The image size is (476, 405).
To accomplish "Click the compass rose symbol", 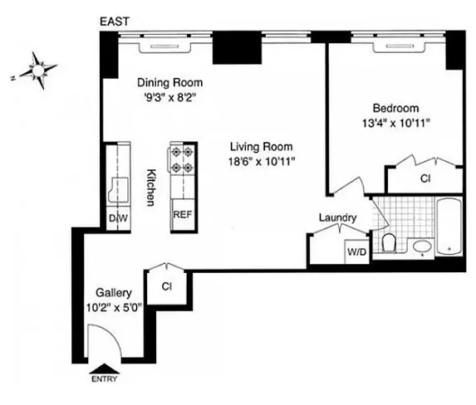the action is click(x=37, y=71).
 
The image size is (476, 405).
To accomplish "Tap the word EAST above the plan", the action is click(x=115, y=22).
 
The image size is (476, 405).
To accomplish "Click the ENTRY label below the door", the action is click(x=104, y=379).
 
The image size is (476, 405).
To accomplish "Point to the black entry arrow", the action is click(x=104, y=368).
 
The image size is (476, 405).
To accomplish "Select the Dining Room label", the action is click(x=170, y=82).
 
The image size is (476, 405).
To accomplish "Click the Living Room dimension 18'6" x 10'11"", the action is click(x=262, y=161).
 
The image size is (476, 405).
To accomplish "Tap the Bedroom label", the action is click(x=396, y=108).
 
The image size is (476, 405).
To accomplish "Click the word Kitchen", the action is click(x=151, y=188).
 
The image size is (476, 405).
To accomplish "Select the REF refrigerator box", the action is click(x=183, y=214).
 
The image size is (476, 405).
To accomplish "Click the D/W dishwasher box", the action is click(x=119, y=218).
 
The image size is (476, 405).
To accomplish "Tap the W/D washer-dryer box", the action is click(x=357, y=251).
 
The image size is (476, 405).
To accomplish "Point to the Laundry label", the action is click(x=337, y=217).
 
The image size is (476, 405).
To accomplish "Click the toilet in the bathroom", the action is click(x=389, y=242).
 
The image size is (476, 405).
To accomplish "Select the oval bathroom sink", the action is click(x=422, y=246).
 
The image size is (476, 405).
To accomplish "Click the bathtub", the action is click(x=449, y=227).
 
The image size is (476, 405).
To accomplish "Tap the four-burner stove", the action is click(x=181, y=159).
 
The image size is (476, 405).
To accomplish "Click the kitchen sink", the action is click(x=118, y=189).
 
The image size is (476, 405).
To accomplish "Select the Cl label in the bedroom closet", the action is click(x=425, y=179).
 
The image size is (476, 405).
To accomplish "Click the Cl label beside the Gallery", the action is click(x=167, y=286).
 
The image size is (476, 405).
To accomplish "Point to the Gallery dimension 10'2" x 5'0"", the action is click(x=115, y=308).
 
